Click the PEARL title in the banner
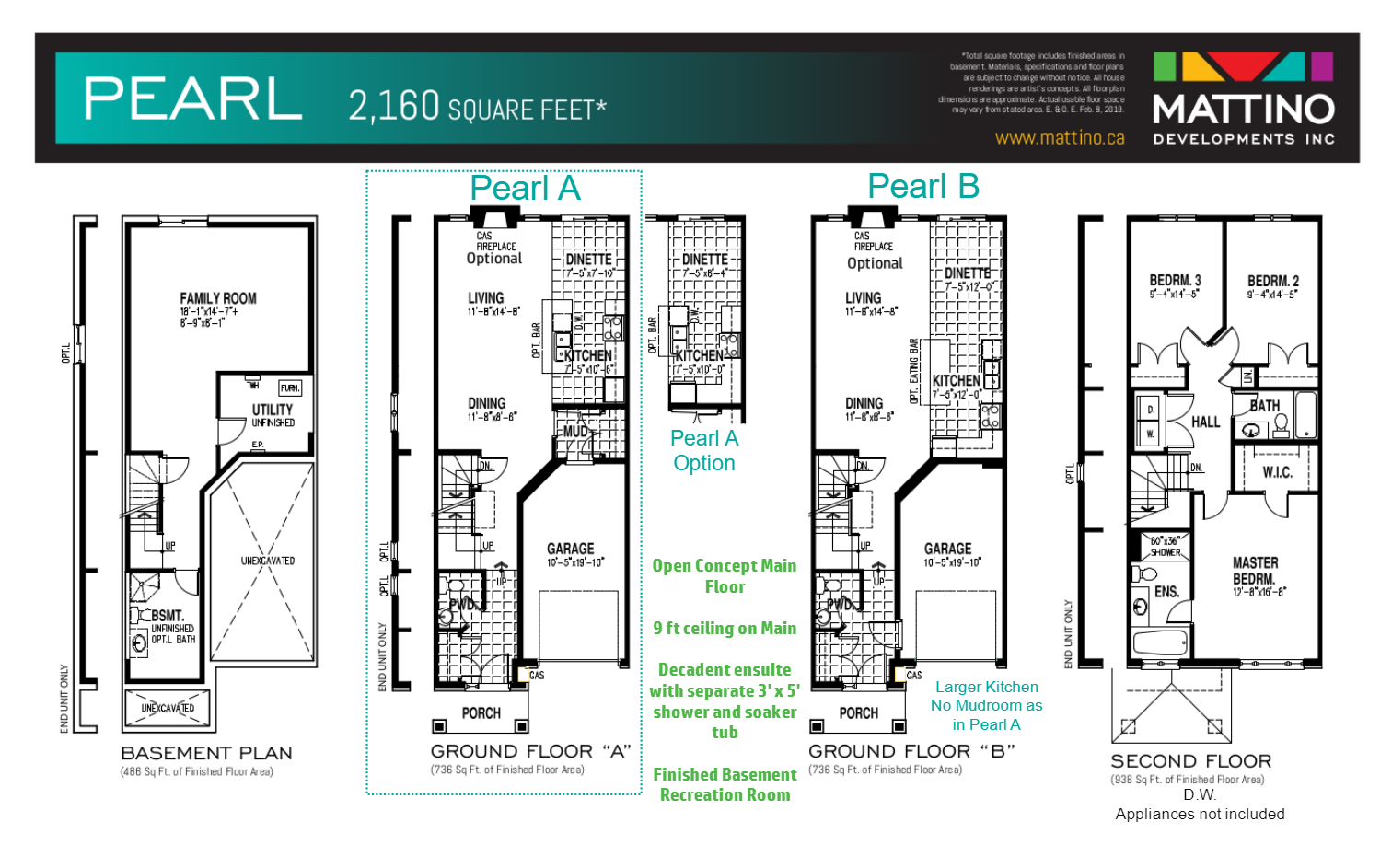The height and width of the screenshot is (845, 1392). [x=193, y=98]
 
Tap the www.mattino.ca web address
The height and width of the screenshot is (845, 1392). [x=1060, y=138]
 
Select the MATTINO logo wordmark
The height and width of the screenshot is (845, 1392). [x=1244, y=110]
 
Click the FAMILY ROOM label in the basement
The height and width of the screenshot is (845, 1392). [x=218, y=298]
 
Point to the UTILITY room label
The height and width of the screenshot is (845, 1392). [x=273, y=410]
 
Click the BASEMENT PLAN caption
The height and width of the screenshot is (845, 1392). [x=206, y=753]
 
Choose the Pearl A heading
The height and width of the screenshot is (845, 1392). [x=525, y=188]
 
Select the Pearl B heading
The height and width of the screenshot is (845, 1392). [x=922, y=186]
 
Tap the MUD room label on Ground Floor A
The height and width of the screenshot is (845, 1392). [x=575, y=431]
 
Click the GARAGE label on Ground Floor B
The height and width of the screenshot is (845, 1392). [x=947, y=549]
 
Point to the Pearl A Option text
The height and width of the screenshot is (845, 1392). [x=704, y=450]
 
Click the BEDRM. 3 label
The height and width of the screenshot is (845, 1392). [x=1175, y=281]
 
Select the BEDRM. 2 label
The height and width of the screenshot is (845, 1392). [x=1273, y=281]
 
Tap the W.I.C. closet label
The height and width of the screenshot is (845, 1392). [x=1277, y=472]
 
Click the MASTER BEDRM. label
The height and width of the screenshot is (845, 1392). [x=1255, y=571]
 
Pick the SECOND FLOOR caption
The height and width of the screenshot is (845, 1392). [x=1190, y=761]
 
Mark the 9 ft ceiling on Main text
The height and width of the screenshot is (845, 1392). [x=725, y=628]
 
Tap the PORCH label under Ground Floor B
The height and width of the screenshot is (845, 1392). [x=858, y=713]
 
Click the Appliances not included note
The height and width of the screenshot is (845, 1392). [x=1200, y=814]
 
